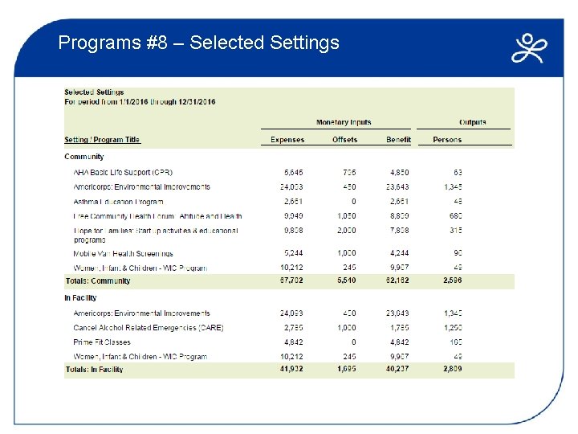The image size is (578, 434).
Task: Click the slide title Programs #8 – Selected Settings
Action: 199,43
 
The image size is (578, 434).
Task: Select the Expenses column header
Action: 287,140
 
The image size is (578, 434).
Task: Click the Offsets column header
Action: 345,140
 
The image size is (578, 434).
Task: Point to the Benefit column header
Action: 398,140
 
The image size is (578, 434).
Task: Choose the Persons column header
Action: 447,140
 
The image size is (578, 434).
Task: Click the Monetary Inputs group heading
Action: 344,122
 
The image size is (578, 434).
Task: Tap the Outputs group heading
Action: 472,122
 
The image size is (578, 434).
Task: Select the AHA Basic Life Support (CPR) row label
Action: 123,172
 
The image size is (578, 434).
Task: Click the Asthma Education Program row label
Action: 118,202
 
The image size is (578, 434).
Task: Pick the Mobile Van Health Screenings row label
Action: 123,254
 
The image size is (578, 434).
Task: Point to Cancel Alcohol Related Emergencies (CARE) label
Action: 148,328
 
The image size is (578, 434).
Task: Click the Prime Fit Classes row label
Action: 101,342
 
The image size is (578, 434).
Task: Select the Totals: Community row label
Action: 97,281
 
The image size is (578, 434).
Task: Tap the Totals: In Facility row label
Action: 94,370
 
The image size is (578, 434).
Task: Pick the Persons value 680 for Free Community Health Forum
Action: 456,216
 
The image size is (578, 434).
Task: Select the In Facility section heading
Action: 80,298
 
